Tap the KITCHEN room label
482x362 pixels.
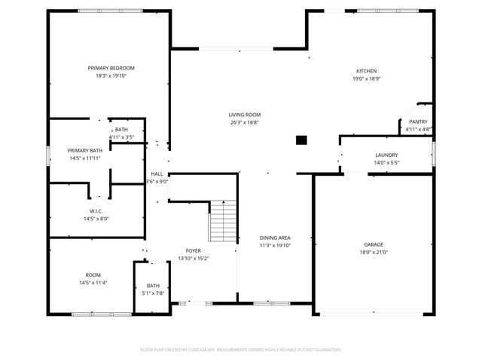click(366, 72)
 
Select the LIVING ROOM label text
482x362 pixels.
click(245, 115)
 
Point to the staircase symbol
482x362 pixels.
click(224, 220)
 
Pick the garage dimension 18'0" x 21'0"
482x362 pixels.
click(374, 253)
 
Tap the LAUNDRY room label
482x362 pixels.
click(386, 155)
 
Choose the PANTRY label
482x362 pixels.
click(418, 122)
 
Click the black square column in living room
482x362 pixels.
click(301, 140)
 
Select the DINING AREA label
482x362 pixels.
click(275, 238)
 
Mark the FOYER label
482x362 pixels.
click(194, 250)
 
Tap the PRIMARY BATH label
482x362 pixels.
click(84, 150)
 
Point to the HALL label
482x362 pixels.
click(157, 173)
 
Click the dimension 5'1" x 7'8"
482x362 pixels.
click(153, 293)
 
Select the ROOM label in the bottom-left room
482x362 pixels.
click(93, 275)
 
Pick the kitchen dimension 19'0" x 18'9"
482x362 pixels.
click(366, 79)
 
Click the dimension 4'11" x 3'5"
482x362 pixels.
click(120, 137)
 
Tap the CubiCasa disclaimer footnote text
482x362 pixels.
click(241, 349)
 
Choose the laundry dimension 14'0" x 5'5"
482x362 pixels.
click(386, 162)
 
